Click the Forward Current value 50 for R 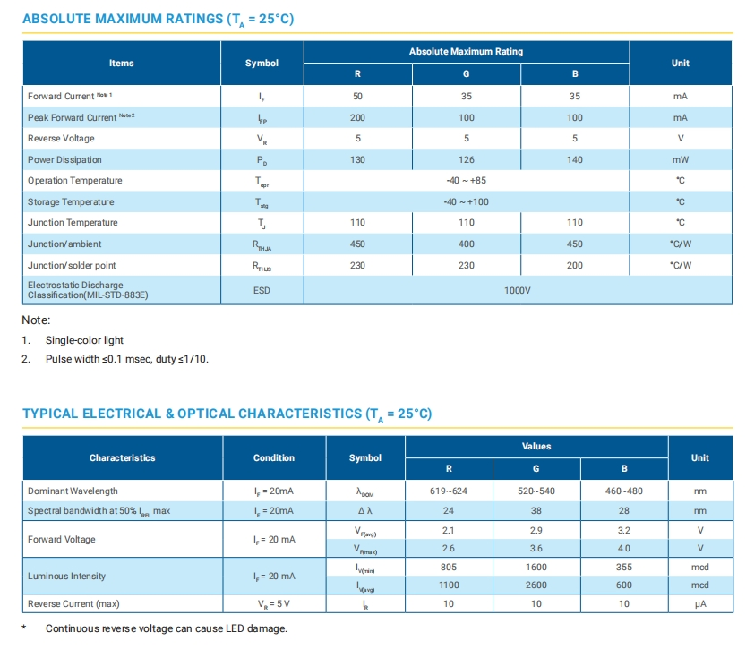click(x=358, y=96)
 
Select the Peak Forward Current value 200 click(x=358, y=117)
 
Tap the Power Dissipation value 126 click(x=466, y=159)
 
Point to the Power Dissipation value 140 click(x=574, y=159)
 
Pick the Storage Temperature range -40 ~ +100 click(x=467, y=201)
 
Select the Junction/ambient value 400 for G click(x=466, y=244)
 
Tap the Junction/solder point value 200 click(x=574, y=265)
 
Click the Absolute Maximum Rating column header click(x=466, y=52)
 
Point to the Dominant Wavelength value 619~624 click(x=449, y=491)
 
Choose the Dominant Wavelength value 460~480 click(x=624, y=491)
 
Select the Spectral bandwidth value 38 click(x=536, y=510)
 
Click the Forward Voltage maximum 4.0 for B click(x=624, y=548)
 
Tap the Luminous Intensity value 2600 click(x=536, y=585)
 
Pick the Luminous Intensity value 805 click(x=449, y=567)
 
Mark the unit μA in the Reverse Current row click(x=700, y=603)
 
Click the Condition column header click(x=274, y=457)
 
